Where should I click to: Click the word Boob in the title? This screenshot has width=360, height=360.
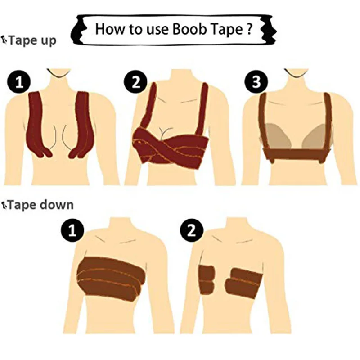click(x=196, y=30)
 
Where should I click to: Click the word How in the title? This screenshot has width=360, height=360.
click(x=108, y=30)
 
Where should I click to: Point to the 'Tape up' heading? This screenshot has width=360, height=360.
click(x=31, y=40)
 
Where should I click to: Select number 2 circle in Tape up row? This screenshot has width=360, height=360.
click(x=135, y=82)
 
